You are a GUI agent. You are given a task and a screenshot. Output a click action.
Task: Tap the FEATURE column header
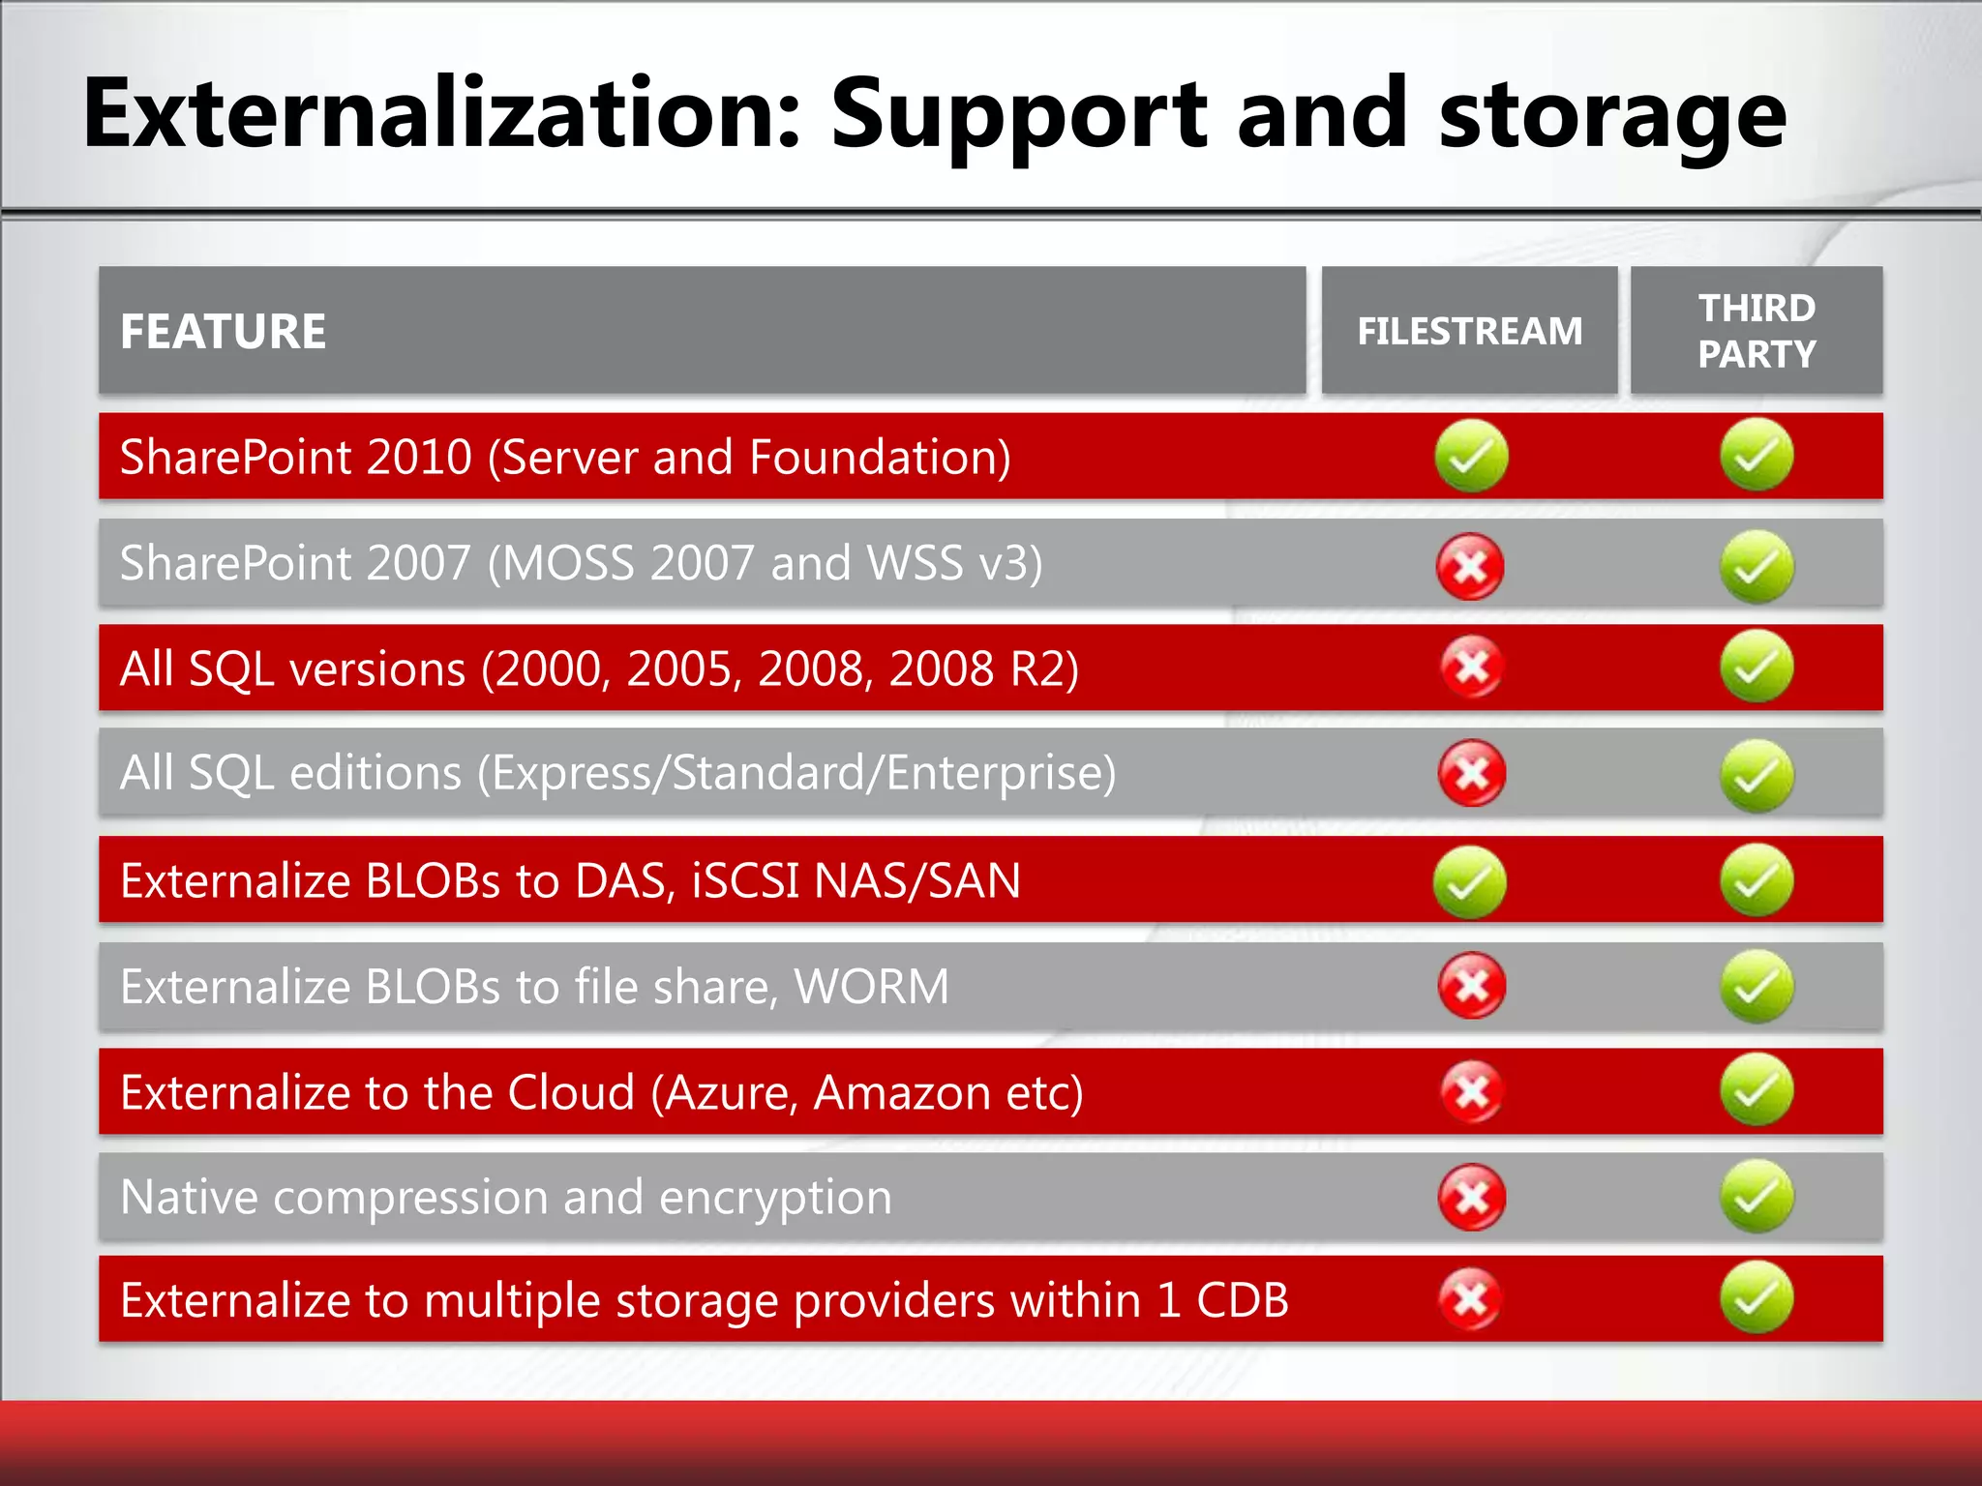point(223,332)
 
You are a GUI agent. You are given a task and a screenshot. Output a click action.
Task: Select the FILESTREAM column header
point(1469,332)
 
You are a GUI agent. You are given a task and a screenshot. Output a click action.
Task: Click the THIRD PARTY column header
point(1757,331)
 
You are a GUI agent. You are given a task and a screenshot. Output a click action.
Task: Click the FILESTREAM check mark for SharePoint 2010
point(1471,456)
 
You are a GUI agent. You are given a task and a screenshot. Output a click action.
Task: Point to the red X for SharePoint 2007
point(1470,567)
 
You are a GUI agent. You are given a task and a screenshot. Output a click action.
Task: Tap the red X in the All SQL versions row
point(1471,667)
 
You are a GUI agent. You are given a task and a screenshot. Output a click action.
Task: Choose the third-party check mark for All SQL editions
point(1757,775)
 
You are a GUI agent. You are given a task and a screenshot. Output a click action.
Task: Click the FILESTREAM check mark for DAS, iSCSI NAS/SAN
point(1470,881)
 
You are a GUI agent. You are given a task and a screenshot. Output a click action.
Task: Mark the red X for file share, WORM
point(1471,986)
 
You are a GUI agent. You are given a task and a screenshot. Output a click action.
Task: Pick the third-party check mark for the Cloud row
point(1757,1090)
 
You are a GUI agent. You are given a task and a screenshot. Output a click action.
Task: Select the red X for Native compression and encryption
point(1471,1198)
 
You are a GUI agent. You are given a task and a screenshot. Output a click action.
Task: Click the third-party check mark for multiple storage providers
point(1757,1297)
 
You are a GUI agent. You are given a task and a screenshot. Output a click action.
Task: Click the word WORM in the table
point(871,987)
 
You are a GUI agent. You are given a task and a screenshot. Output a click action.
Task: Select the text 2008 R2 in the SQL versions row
point(982,669)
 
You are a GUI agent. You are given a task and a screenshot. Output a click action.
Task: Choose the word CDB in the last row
point(1242,1300)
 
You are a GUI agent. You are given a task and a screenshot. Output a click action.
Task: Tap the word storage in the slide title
point(1611,116)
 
